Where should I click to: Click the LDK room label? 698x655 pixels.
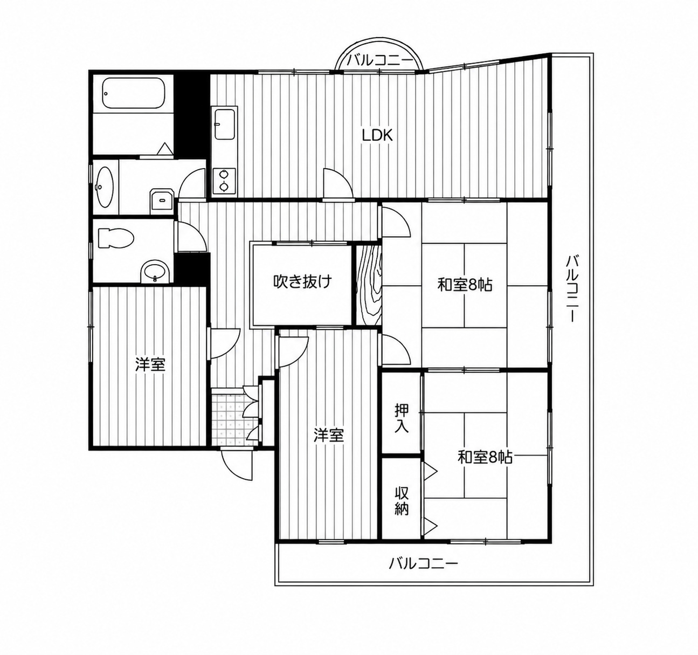[377, 135]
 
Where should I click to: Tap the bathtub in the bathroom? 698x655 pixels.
[133, 93]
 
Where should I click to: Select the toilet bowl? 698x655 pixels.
[116, 239]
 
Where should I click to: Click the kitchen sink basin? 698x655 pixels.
[225, 124]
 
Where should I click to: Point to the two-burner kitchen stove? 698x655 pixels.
[224, 180]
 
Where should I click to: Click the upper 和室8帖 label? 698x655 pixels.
[464, 285]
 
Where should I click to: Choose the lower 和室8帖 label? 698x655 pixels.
[485, 457]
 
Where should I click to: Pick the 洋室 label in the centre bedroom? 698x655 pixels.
[329, 436]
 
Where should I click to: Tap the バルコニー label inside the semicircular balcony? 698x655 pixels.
[379, 61]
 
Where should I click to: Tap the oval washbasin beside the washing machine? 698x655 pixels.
[105, 188]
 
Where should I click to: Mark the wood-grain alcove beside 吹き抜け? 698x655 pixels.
[369, 285]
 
